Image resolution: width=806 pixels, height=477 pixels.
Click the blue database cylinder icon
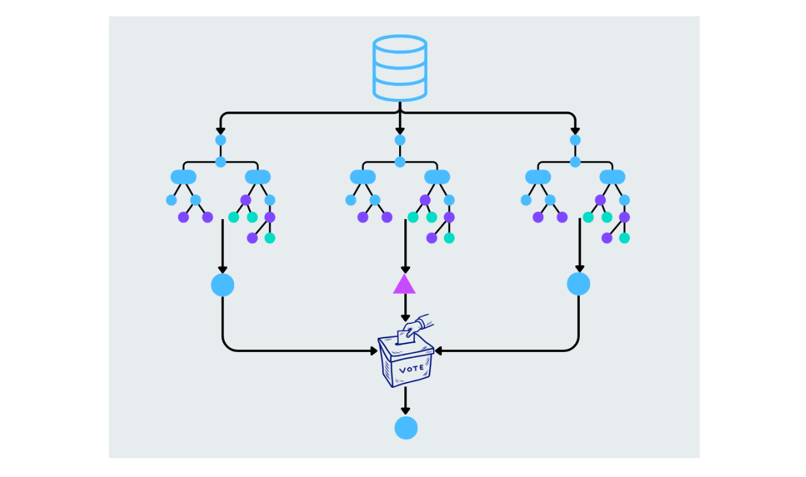pyautogui.click(x=400, y=68)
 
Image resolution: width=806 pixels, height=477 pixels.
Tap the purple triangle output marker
pyautogui.click(x=404, y=285)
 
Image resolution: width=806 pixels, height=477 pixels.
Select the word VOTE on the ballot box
pyautogui.click(x=411, y=369)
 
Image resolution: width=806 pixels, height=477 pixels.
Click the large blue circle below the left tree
pyautogui.click(x=222, y=285)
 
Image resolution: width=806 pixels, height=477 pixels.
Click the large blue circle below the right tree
pyautogui.click(x=578, y=284)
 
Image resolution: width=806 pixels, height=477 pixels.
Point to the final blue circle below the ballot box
pyautogui.click(x=406, y=428)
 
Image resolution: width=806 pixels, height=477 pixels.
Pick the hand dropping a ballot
pyautogui.click(x=417, y=324)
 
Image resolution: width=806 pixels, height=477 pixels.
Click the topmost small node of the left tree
pyautogui.click(x=220, y=140)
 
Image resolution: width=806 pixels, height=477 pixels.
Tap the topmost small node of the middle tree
pyautogui.click(x=400, y=140)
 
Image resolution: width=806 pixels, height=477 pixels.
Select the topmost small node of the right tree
pyautogui.click(x=575, y=140)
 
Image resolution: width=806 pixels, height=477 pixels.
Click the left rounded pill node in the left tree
pyautogui.click(x=183, y=177)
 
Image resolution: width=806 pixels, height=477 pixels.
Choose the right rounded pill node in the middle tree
pyautogui.click(x=437, y=177)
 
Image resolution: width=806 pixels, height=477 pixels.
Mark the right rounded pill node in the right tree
pyautogui.click(x=612, y=177)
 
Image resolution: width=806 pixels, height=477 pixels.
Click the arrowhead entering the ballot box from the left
pyautogui.click(x=374, y=351)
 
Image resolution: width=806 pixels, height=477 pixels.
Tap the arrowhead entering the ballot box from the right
pyautogui.click(x=438, y=351)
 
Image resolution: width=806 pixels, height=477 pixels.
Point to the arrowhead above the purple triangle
pyautogui.click(x=405, y=269)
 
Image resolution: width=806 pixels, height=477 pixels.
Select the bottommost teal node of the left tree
pyautogui.click(x=270, y=238)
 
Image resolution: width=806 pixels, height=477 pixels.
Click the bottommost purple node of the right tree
pyautogui.click(x=606, y=238)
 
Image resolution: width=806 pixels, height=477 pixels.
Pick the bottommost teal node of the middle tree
pyautogui.click(x=449, y=238)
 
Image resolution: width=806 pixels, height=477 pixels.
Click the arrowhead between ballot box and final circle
pyautogui.click(x=406, y=411)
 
